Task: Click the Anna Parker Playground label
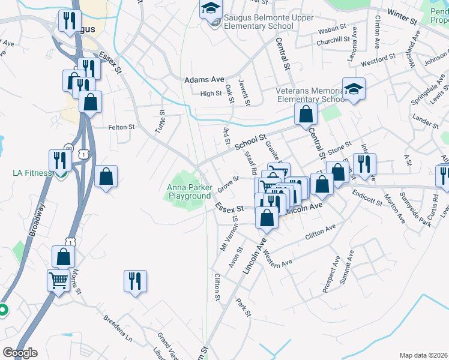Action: (189, 191)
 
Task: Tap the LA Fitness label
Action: (32, 173)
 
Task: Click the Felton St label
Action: (121, 127)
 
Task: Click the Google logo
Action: (20, 353)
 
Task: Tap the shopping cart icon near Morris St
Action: (58, 279)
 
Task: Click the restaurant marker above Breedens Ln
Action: (135, 280)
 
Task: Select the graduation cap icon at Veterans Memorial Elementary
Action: (354, 89)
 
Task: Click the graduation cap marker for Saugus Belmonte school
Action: (211, 8)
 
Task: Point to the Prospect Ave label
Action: (331, 274)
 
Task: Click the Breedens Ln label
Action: (117, 326)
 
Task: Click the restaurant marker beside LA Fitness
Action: (61, 160)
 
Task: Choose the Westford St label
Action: (378, 59)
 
